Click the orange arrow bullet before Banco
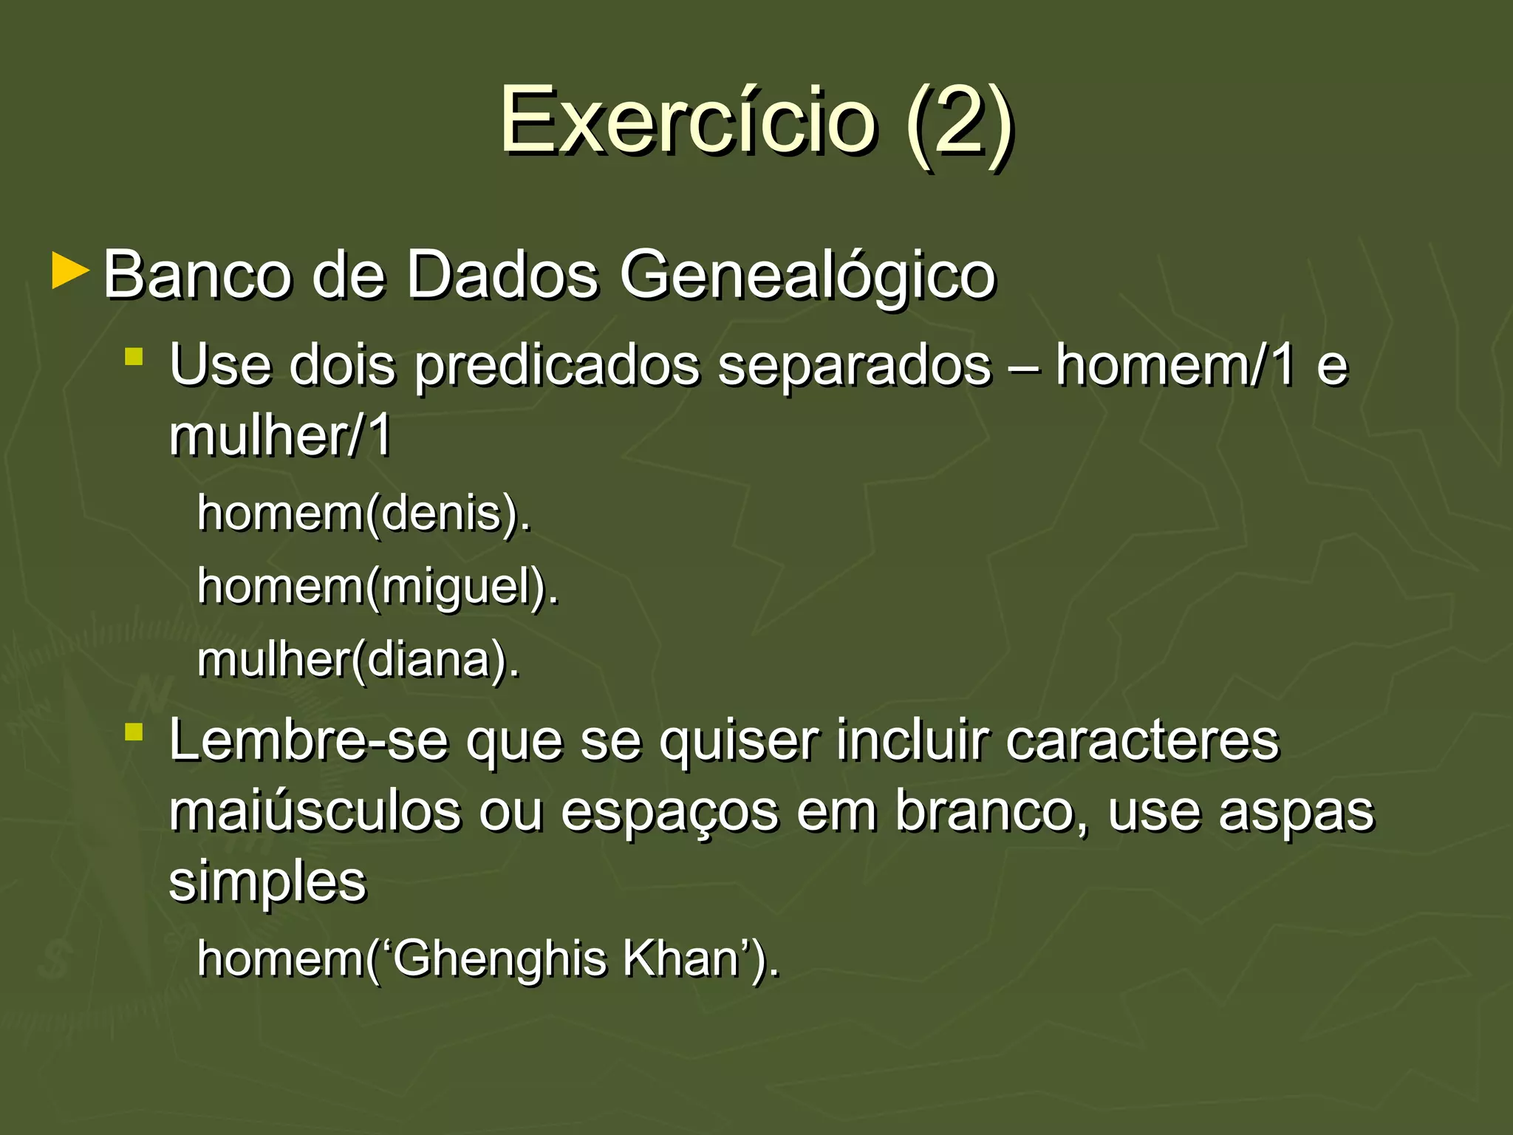point(71,271)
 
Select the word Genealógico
point(807,276)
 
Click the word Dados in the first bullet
point(502,274)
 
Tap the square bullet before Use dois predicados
point(134,358)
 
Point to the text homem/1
point(1175,364)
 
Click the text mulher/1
point(280,435)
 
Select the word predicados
point(556,366)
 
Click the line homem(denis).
point(364,513)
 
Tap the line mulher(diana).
point(359,659)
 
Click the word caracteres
point(1141,740)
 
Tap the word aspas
point(1296,812)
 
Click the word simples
point(267,882)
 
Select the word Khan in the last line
point(681,958)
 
